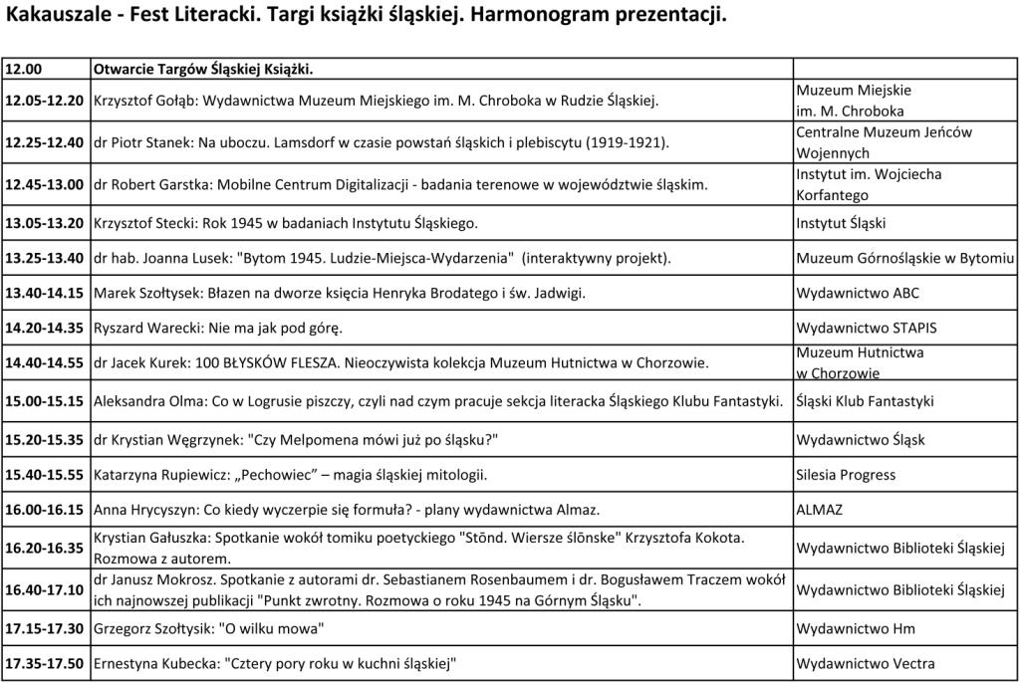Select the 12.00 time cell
coord(22,70)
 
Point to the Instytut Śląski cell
coord(841,223)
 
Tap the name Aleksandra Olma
coord(142,402)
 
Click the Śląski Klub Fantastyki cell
coord(865,402)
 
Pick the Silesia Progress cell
coord(846,475)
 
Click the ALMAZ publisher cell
coord(819,510)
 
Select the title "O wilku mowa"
coord(275,628)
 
